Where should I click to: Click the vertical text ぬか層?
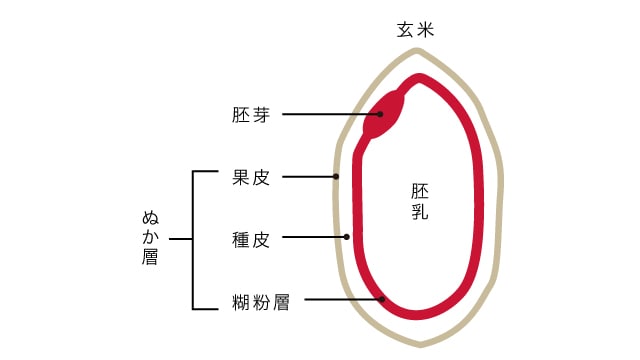coord(151,238)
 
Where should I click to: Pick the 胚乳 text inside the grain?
coord(421,200)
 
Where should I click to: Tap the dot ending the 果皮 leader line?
coord(337,177)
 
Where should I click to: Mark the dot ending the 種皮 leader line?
coord(347,238)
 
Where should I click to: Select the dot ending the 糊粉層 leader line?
coord(382,299)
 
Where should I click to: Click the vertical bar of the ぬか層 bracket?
coord(192,240)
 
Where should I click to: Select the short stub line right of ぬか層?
coord(180,240)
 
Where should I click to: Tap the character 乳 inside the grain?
coord(421,211)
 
